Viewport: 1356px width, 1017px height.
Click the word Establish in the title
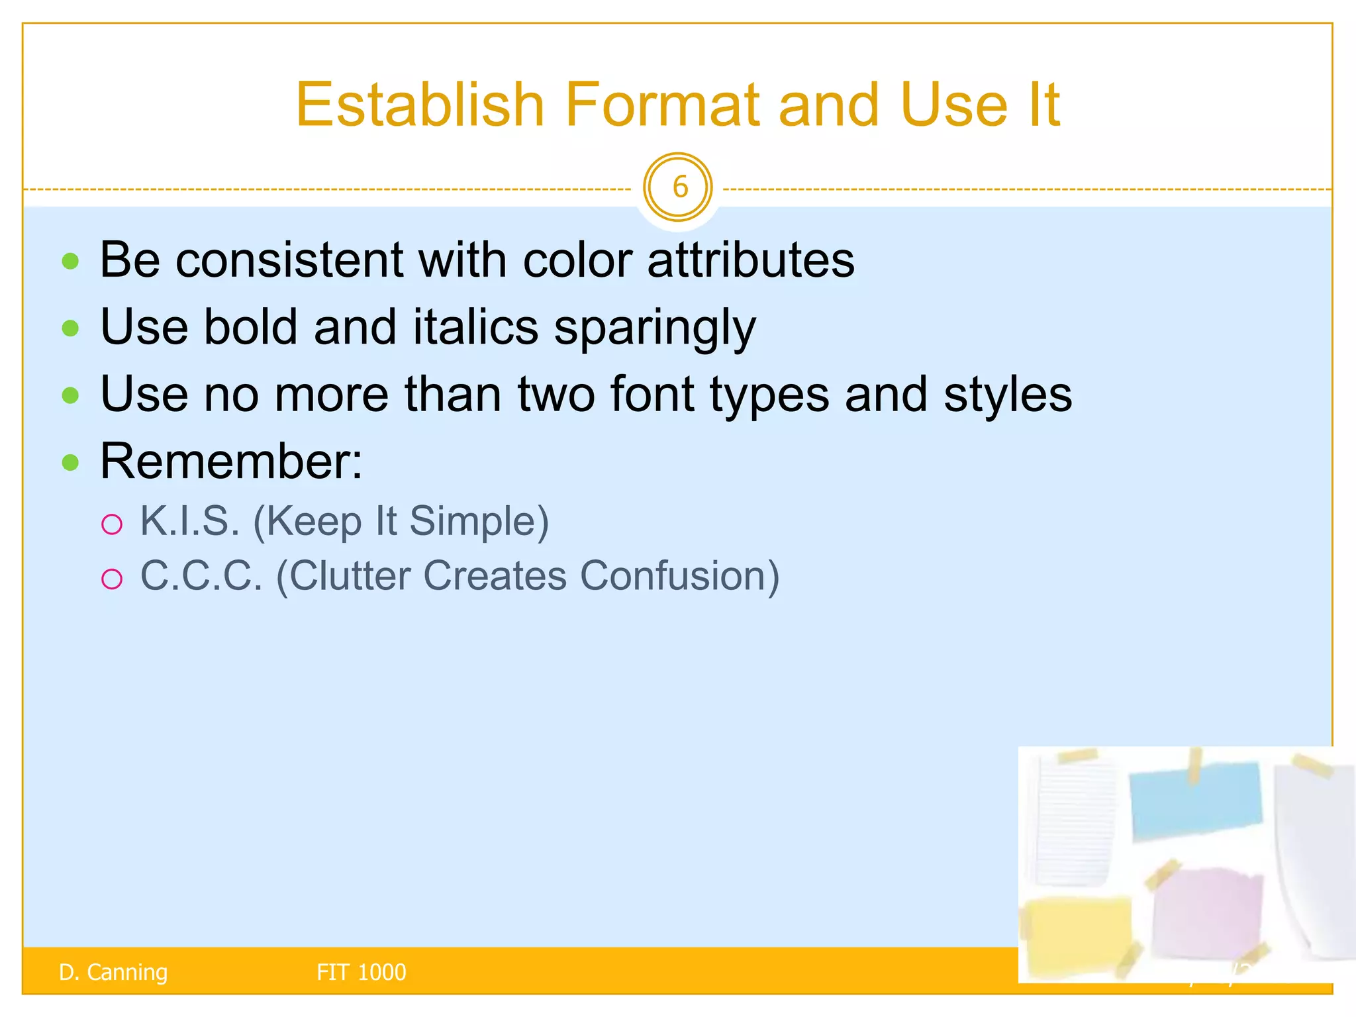tap(420, 105)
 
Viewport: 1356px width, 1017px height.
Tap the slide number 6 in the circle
tap(678, 187)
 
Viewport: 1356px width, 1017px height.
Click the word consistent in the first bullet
tap(289, 260)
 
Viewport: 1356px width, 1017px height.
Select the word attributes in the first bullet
tap(751, 260)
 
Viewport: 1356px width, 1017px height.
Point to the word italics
tap(475, 327)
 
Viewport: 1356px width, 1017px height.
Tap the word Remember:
tap(231, 461)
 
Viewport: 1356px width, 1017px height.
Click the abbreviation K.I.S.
tap(189, 521)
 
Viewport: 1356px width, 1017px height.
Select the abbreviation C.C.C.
tap(201, 575)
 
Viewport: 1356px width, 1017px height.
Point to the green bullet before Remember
tap(70, 462)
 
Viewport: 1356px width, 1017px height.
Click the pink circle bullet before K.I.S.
tap(112, 524)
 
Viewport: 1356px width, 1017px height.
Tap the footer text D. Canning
tap(113, 972)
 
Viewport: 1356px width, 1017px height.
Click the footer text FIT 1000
tap(361, 972)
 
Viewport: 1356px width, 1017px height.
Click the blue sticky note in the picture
tap(1195, 801)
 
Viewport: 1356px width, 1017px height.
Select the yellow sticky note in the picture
tap(1076, 934)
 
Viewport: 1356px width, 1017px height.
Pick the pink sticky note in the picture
tap(1207, 914)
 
